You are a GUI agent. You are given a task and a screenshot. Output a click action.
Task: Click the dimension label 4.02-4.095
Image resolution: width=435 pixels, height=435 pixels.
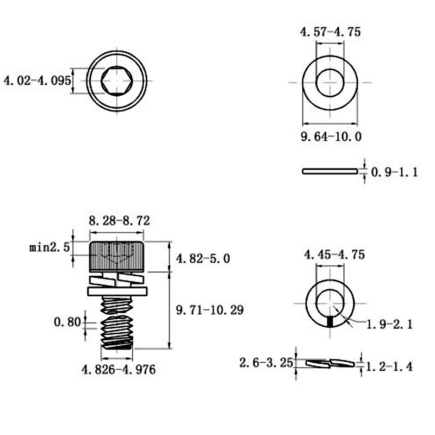(x=38, y=80)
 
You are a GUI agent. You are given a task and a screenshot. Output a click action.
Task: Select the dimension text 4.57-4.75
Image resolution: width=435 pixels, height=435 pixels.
(x=330, y=32)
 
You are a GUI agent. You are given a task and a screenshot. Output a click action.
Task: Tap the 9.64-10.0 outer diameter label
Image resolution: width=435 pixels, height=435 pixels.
(x=331, y=136)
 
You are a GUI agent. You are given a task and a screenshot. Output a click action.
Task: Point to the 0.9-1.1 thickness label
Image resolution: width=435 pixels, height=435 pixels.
(x=394, y=172)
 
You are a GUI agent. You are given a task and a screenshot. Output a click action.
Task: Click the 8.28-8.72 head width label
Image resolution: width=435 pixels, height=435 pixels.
(x=119, y=221)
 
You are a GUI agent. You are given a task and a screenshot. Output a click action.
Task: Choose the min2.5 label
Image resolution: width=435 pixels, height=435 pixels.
(x=49, y=247)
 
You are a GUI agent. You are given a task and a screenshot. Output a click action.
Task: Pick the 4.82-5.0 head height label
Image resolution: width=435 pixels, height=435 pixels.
(x=203, y=259)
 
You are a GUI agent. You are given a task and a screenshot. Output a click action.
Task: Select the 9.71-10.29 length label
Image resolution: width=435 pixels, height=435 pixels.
(x=210, y=310)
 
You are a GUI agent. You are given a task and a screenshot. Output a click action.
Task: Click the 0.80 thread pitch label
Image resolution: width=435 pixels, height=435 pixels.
(x=67, y=322)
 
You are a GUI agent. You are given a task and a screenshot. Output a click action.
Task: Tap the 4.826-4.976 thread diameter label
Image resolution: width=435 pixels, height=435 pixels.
(x=119, y=370)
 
